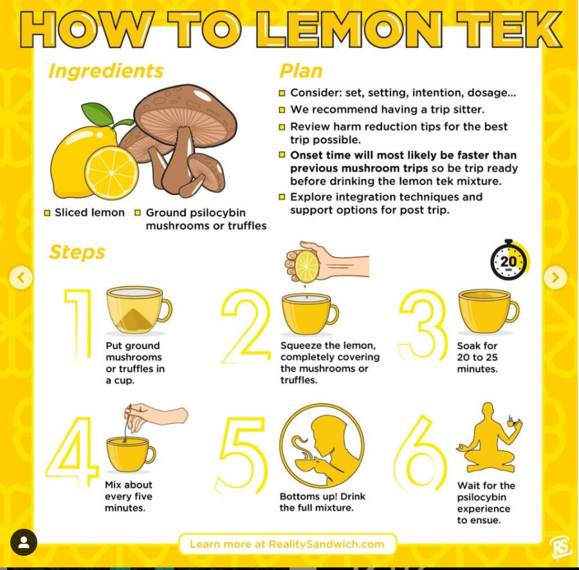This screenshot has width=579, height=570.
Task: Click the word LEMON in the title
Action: click(349, 29)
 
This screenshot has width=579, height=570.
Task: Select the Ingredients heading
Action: click(106, 71)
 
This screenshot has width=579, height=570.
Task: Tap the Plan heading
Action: click(301, 71)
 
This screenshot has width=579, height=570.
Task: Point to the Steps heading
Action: click(77, 252)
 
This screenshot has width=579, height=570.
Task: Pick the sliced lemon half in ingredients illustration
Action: click(111, 173)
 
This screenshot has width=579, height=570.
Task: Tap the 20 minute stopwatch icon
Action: click(510, 260)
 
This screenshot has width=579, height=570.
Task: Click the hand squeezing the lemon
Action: click(327, 262)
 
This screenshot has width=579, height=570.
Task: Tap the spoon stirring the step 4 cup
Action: click(128, 423)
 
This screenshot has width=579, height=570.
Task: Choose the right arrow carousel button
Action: click(555, 277)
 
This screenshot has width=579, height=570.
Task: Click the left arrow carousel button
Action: click(21, 277)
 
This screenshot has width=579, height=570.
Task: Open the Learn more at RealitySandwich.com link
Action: click(288, 544)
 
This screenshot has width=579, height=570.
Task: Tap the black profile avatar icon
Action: click(24, 542)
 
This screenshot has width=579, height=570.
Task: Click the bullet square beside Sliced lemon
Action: click(47, 213)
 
